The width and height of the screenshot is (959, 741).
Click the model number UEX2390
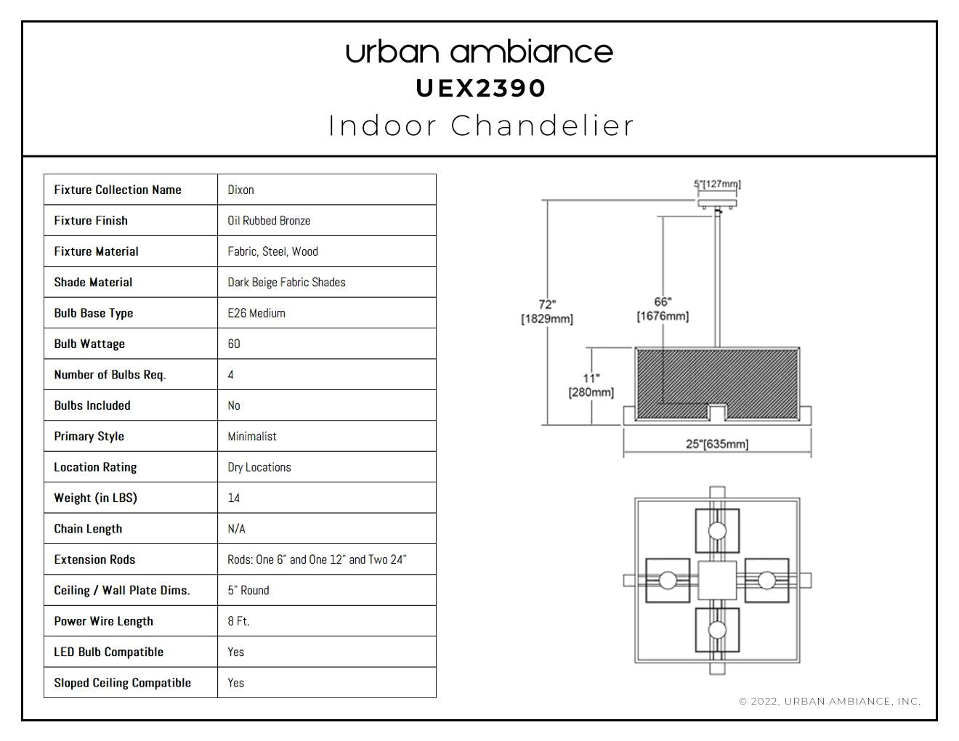[481, 89]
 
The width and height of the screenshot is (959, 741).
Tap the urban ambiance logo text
[479, 52]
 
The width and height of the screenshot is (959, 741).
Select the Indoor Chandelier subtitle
[481, 126]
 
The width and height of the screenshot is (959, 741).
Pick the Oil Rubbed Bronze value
[269, 221]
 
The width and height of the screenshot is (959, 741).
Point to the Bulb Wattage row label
[89, 344]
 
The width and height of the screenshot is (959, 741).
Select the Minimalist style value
[252, 437]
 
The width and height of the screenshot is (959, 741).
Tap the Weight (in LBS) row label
[96, 498]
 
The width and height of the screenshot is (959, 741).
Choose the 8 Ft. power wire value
[238, 621]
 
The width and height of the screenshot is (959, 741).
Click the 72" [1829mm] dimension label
[547, 312]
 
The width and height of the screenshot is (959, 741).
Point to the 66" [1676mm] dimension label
[663, 309]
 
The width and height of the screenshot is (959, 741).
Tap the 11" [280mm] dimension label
[591, 385]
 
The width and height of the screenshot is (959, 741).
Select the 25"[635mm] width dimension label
[717, 444]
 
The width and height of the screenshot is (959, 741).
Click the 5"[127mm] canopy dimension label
[717, 184]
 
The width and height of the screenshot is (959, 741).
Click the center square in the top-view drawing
[717, 580]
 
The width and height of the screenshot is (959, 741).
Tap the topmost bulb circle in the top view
[717, 530]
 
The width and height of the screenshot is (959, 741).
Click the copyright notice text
[830, 701]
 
